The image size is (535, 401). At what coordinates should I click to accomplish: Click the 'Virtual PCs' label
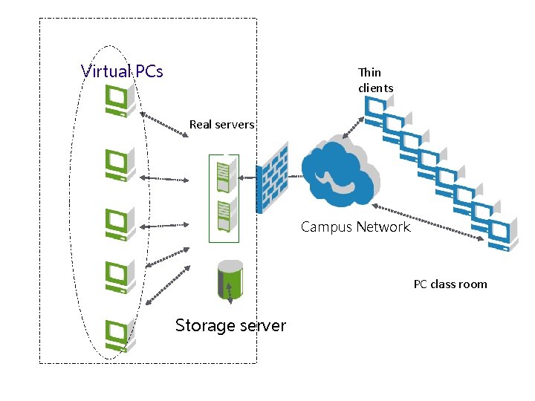(x=122, y=71)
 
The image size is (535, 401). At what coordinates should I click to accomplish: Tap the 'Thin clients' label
(x=375, y=80)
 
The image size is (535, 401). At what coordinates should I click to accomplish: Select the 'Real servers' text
(x=221, y=124)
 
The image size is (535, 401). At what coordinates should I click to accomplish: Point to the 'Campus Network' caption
(x=355, y=226)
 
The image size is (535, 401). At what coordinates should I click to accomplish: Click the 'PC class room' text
(x=450, y=284)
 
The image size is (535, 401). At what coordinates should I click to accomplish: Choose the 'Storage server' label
(x=230, y=325)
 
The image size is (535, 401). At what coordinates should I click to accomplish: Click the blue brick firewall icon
(x=271, y=178)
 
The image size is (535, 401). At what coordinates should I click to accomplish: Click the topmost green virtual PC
(x=120, y=100)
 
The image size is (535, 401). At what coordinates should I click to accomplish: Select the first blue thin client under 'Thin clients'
(x=376, y=111)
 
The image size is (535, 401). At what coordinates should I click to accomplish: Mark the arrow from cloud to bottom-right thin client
(x=427, y=222)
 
